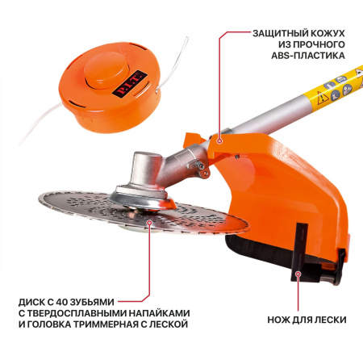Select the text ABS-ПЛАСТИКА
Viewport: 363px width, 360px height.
tap(308, 56)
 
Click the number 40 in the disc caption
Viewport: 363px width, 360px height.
tap(61, 302)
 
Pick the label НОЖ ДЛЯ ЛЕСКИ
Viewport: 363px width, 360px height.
tap(307, 320)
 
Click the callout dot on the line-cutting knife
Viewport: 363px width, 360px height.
tap(298, 274)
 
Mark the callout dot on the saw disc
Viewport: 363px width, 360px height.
tap(149, 222)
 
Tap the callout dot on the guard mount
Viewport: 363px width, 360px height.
tap(220, 140)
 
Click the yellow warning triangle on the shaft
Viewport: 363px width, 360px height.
tap(321, 98)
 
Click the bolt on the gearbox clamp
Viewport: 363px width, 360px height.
tap(201, 166)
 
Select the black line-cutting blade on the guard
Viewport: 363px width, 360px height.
tap(299, 252)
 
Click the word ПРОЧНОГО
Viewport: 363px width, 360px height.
tap(319, 44)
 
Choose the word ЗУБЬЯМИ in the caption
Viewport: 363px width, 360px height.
tap(92, 302)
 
